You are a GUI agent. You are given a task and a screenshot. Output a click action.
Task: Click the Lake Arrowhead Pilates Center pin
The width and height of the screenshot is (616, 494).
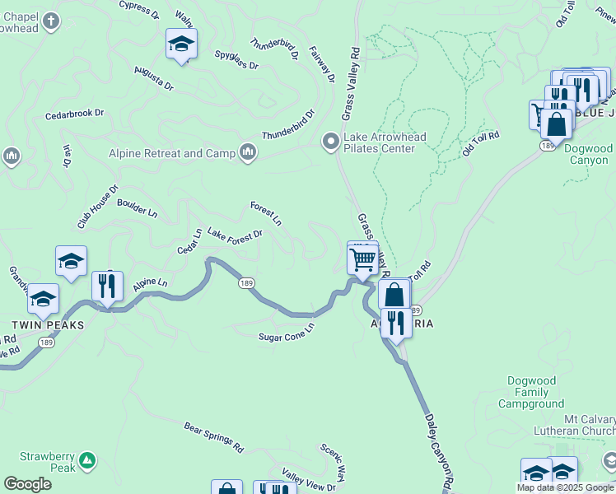click(331, 142)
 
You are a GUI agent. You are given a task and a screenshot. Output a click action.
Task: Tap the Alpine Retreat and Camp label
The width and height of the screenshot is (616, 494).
click(173, 153)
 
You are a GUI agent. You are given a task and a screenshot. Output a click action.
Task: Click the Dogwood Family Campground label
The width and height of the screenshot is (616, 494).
click(531, 393)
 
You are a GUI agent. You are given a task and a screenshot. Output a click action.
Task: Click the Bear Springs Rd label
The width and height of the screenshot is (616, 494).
click(214, 438)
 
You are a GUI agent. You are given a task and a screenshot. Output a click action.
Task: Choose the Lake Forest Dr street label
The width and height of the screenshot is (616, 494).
click(235, 234)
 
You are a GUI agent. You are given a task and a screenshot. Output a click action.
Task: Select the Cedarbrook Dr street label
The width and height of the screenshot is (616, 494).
click(75, 113)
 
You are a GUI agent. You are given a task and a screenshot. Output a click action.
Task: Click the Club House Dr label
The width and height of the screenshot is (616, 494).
click(98, 207)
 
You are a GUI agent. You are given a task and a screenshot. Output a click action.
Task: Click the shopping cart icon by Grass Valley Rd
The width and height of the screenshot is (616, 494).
click(362, 259)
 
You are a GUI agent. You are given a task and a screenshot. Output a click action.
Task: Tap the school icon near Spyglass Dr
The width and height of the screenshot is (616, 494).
click(181, 45)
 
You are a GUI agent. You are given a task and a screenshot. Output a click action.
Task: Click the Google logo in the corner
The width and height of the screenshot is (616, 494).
click(27, 484)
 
